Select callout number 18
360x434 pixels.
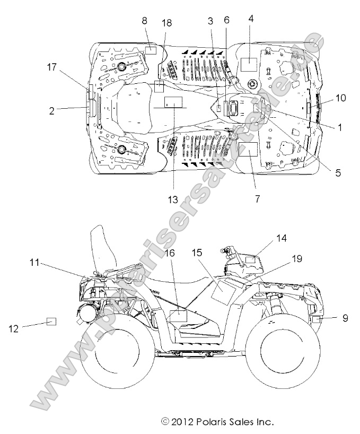click(166, 21)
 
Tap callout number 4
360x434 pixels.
click(251, 18)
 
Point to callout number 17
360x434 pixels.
click(51, 67)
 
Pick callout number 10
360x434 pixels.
click(340, 98)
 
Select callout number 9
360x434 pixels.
click(345, 318)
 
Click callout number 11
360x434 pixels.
click(34, 262)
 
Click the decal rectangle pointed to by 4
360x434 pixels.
click(248, 64)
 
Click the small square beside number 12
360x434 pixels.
click(51, 321)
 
